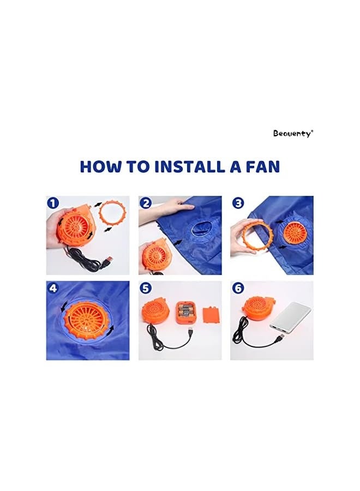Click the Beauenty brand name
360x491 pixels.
click(293, 134)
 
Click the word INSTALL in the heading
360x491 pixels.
click(190, 166)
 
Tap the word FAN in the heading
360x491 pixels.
click(262, 166)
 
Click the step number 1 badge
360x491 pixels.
click(53, 203)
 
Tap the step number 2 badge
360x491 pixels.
click(146, 203)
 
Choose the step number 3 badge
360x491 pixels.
click(238, 203)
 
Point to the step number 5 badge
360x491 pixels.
click(146, 288)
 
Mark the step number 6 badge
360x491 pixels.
click(238, 288)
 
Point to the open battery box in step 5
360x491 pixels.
click(185, 312)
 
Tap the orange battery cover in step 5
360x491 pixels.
click(211, 316)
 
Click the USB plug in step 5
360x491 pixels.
click(190, 331)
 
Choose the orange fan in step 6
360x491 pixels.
click(259, 308)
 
